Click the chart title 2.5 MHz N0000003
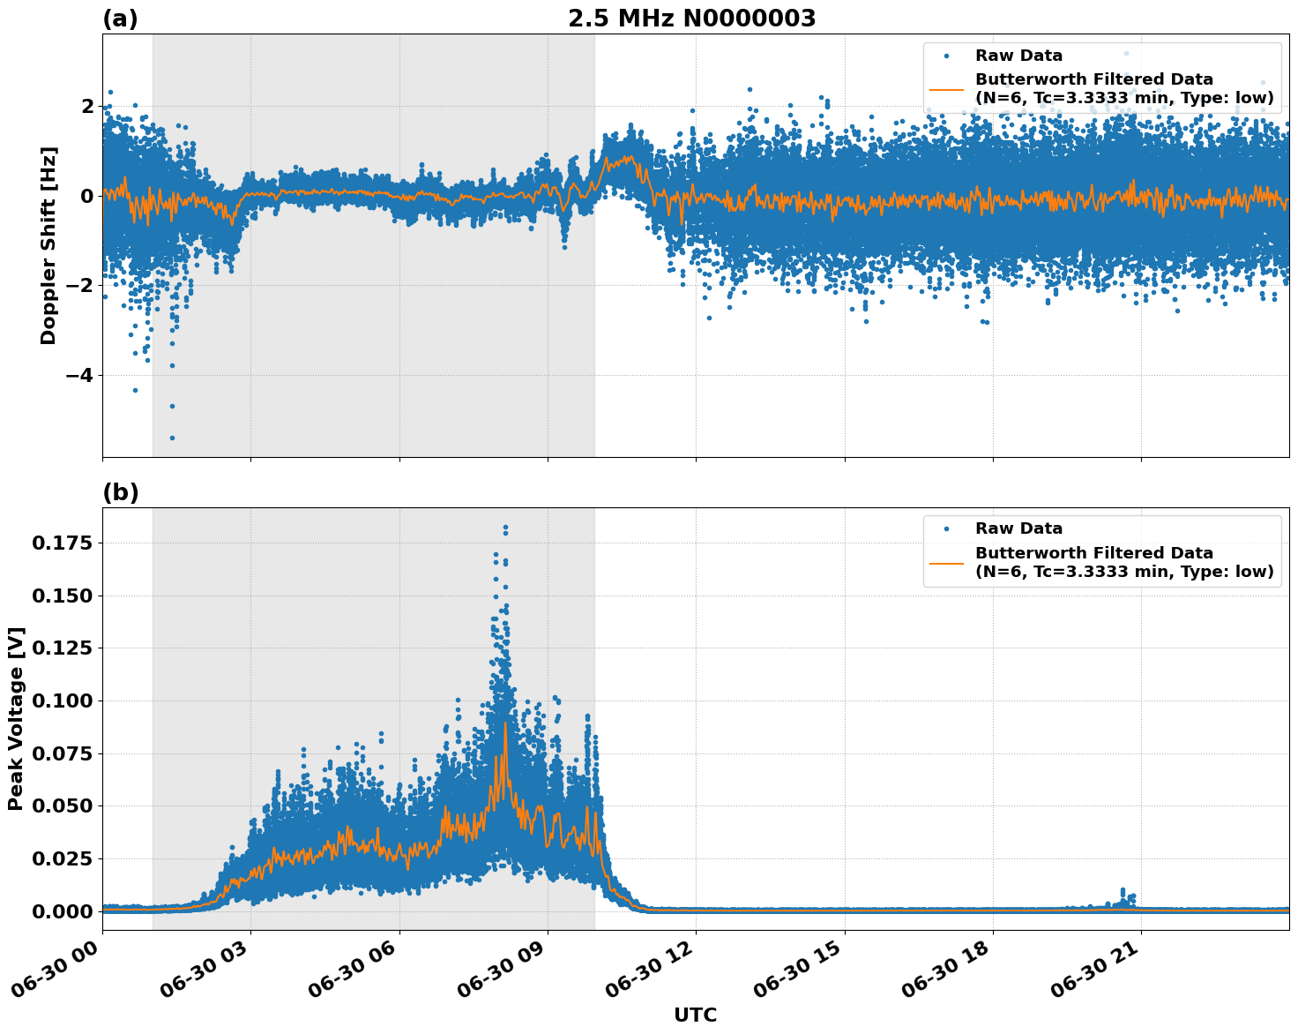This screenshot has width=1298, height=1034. pos(691,19)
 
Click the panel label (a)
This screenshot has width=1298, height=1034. pos(120,19)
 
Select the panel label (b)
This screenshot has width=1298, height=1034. pos(120,492)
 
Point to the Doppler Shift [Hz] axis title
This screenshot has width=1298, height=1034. pos(48,245)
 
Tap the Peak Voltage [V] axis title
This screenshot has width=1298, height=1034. pos(16,718)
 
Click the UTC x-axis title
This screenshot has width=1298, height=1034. pos(695,1015)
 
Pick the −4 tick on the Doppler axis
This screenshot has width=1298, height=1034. pos(75,375)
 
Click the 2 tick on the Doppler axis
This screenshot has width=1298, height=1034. pos(86,106)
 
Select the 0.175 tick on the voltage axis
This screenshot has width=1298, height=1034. pos(61,543)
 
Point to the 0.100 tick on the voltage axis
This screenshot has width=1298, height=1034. pos(61,701)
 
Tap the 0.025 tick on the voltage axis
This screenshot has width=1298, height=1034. pos(61,858)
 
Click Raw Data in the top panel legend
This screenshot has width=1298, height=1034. pos(1018,56)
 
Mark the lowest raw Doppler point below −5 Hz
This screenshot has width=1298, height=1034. pos(172,438)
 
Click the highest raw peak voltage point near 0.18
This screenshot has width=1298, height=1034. pos(505,528)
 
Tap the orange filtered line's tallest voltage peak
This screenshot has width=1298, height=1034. pos(505,723)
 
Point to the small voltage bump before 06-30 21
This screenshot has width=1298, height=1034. pos(1123,892)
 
